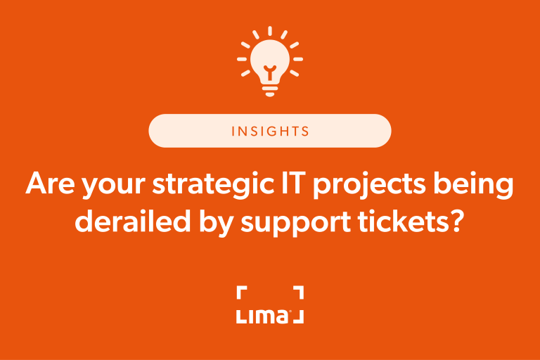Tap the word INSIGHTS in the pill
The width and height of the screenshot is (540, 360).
(269, 131)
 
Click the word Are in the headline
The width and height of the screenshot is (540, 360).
(47, 184)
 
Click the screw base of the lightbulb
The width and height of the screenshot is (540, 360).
(269, 86)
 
